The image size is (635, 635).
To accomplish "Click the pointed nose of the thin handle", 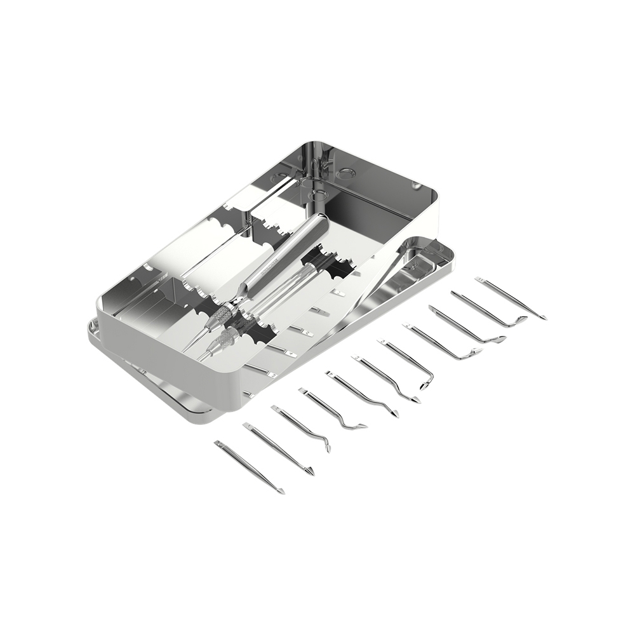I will click(202, 357).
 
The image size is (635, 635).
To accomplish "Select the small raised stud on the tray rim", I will click(416, 185).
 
